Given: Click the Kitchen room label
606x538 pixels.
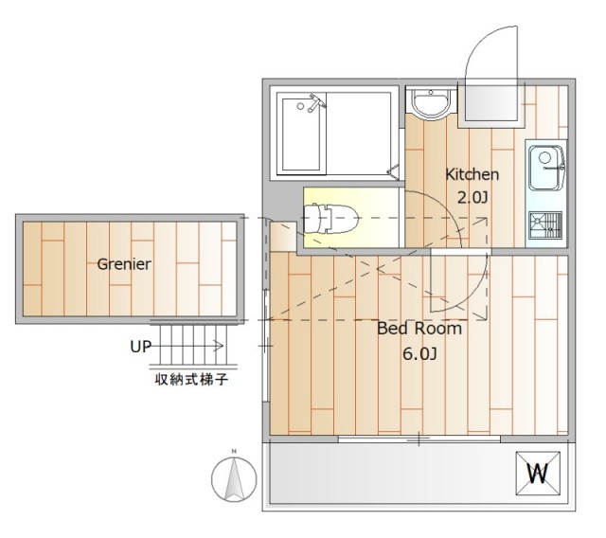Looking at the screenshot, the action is (472, 174).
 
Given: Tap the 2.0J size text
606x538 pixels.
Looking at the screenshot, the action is (472, 198).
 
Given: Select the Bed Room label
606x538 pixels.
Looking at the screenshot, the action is (419, 329).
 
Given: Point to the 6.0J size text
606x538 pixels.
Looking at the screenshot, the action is (419, 353).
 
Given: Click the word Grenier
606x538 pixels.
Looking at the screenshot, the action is (124, 264).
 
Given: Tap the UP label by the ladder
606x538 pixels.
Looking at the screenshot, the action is (141, 347).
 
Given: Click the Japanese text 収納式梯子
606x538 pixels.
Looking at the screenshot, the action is (191, 380).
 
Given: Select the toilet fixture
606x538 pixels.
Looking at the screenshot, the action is (330, 219).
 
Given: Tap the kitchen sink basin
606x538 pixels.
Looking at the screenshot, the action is (545, 168).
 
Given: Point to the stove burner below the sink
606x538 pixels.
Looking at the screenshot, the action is (545, 225).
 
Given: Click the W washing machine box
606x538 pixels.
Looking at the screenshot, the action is (538, 474).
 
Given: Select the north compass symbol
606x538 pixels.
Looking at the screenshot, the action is (234, 479).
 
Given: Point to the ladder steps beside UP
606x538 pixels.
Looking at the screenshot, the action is (193, 345).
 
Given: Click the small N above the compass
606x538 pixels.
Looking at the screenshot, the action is (234, 451).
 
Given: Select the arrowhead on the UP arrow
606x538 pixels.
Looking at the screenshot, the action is (219, 345).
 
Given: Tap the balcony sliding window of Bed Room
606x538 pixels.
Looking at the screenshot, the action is (419, 439).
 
